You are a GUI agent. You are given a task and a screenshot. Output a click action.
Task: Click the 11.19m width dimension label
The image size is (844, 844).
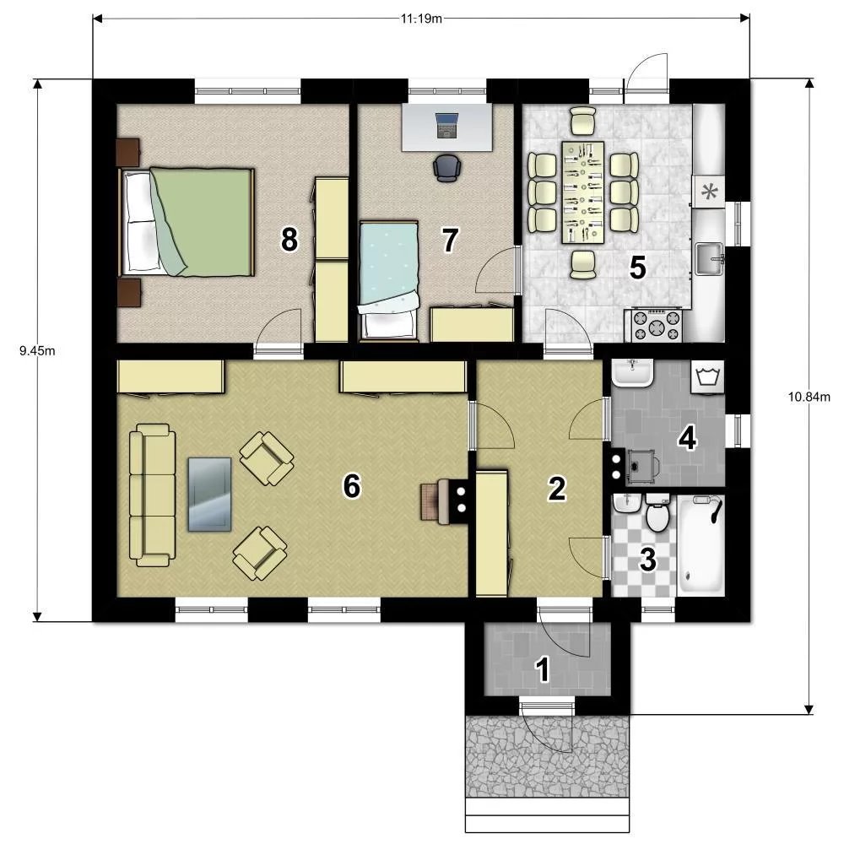coord(421,19)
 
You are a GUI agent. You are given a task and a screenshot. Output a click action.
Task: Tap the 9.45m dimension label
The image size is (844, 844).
coord(37,351)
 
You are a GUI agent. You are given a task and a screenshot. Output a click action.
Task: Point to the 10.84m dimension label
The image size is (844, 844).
coord(809,398)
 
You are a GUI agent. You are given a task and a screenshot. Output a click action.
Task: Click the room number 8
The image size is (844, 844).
coord(289,240)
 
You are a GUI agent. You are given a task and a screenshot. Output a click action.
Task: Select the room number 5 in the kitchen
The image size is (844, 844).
coord(637,268)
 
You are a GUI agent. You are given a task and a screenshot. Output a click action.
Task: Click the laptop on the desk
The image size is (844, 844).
coord(446,126)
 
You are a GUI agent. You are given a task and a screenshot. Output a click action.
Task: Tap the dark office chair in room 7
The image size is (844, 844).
coord(447,167)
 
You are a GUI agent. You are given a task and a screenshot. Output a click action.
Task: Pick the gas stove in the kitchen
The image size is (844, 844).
coord(657,326)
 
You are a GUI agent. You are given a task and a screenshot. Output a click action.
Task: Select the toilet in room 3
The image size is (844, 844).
coord(657,513)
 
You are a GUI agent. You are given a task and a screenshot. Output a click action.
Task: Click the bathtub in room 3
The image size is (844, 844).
coord(701,545)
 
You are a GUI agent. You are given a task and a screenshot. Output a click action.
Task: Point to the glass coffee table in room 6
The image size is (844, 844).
coord(210,495)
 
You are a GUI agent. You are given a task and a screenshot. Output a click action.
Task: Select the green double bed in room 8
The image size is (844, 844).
coord(187,222)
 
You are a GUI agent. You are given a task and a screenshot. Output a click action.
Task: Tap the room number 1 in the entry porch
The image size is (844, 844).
coord(543,670)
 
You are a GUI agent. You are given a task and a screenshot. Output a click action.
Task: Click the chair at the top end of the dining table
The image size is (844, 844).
coord(583,120)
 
